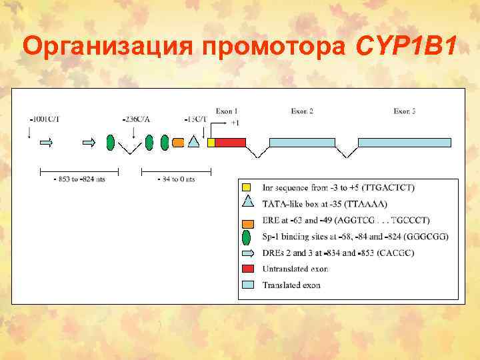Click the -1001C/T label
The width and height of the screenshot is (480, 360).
(x=44, y=119)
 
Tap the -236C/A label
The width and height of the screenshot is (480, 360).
(x=137, y=119)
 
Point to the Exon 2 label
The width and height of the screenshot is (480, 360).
(x=303, y=111)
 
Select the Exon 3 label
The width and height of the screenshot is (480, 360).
(x=405, y=111)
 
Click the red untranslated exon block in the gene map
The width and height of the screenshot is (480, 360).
(x=230, y=142)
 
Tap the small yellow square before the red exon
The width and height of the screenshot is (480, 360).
(x=211, y=142)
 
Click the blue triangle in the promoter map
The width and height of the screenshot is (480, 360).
(x=194, y=141)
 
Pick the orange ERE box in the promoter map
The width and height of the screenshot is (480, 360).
(x=178, y=142)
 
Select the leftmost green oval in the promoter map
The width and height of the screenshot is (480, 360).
(x=111, y=141)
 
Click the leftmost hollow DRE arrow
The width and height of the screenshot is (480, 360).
(x=47, y=142)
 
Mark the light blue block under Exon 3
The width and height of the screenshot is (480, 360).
(x=404, y=142)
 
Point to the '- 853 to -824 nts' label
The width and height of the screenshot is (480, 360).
(x=78, y=179)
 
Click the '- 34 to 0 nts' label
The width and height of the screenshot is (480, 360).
(x=176, y=179)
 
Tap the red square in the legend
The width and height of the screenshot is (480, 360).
(x=247, y=269)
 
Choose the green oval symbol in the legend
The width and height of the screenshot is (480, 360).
(x=247, y=237)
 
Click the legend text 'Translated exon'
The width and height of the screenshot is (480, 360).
(x=291, y=285)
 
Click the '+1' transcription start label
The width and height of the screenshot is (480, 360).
(x=235, y=123)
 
